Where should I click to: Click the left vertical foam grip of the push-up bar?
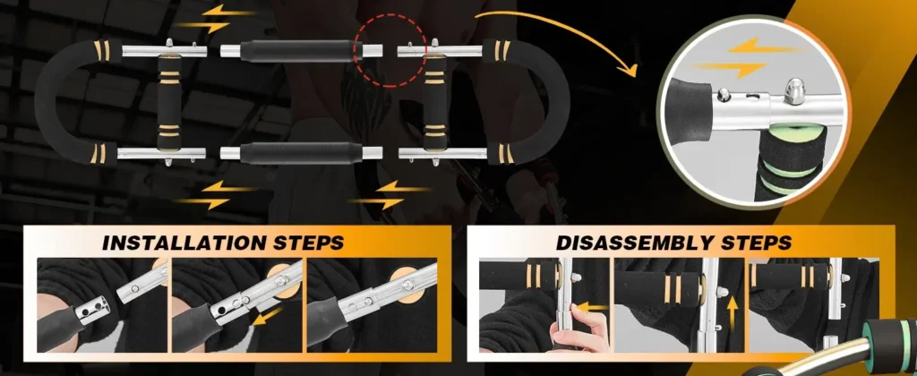pos(167,99)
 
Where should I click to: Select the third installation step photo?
pos(371,304)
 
